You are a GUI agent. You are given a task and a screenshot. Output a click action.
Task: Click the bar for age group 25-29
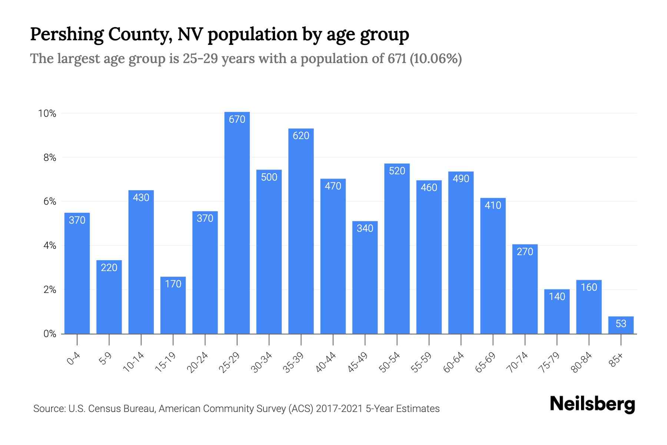237,222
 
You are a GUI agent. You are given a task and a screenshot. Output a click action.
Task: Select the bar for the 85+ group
621,325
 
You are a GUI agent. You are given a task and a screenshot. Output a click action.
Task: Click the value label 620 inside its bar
301,136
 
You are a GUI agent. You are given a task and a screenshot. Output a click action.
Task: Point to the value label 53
621,324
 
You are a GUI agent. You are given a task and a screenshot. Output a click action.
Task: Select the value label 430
141,197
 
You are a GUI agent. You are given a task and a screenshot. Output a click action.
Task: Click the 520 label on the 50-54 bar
397,171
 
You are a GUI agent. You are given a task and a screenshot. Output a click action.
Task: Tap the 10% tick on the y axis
47,113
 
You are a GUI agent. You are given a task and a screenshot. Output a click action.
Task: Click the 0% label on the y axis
50,334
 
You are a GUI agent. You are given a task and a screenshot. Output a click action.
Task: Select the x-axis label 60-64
454,362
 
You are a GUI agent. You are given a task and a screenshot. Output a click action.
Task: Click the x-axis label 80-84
582,362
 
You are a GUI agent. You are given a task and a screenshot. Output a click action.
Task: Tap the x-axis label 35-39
293,362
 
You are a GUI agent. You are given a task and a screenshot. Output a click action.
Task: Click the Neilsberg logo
592,404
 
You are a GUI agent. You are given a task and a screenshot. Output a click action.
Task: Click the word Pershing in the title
67,34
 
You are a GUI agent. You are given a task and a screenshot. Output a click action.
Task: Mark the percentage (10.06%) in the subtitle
436,59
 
